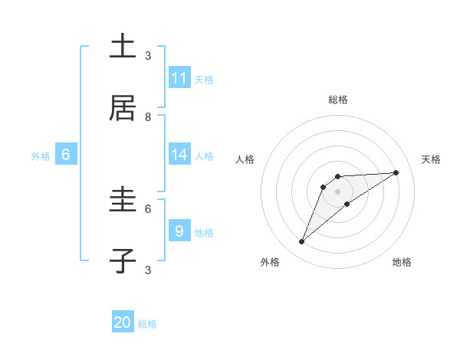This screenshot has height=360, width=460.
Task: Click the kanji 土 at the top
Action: pos(123,47)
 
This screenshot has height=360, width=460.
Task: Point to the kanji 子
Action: pos(123,260)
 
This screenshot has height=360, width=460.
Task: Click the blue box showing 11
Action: pos(179,78)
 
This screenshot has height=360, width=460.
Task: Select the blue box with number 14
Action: pos(179,155)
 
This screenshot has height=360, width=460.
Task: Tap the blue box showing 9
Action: pos(179,231)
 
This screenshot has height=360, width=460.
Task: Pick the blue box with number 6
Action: pos(66,155)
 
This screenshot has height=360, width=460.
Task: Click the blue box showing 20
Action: pos(123,322)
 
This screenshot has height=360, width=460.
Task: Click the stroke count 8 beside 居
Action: pos(148,117)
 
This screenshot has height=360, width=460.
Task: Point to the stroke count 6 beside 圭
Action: pos(148,208)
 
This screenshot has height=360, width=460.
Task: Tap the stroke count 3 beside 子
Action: pos(148,270)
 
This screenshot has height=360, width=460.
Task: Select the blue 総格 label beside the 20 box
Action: pos(147,324)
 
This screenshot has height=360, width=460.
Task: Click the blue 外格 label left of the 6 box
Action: pos(41,156)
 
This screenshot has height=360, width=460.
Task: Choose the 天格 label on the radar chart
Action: pos(432,159)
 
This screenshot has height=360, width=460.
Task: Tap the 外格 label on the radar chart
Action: pos(270,262)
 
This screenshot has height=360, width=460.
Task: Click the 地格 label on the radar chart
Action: pos(402,262)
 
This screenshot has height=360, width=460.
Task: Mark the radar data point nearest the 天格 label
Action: pos(396,172)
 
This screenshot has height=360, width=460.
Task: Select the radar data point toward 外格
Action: pos(302,242)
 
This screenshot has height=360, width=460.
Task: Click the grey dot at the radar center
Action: pos(337,191)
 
